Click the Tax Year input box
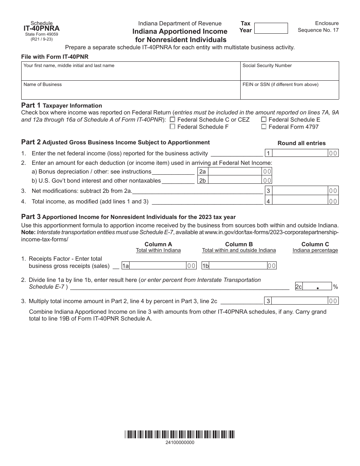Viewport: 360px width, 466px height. point(271,28)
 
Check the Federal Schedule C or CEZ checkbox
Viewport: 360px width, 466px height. point(173,119)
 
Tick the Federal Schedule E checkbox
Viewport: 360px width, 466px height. point(264,119)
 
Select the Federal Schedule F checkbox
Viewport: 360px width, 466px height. point(173,127)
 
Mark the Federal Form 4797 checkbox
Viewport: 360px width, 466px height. point(264,127)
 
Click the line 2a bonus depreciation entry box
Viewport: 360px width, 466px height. point(235,171)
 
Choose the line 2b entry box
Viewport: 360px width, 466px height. point(235,180)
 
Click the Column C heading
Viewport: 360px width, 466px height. point(315,244)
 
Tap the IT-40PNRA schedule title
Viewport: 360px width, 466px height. point(41,28)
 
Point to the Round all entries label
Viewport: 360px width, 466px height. point(301,143)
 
